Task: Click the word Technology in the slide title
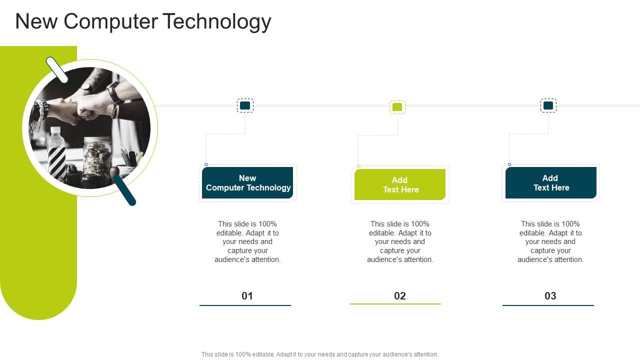pyautogui.click(x=217, y=22)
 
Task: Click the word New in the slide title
pyautogui.click(x=36, y=22)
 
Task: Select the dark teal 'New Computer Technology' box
pyautogui.click(x=247, y=183)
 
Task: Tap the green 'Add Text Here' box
pyautogui.click(x=400, y=185)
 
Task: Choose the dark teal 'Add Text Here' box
pyautogui.click(x=550, y=183)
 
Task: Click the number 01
pyautogui.click(x=247, y=296)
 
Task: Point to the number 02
pyautogui.click(x=399, y=296)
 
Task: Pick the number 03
pyautogui.click(x=550, y=296)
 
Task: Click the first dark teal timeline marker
pyautogui.click(x=245, y=105)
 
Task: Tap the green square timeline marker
pyautogui.click(x=397, y=107)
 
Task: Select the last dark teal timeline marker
pyautogui.click(x=548, y=105)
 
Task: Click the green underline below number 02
pyautogui.click(x=395, y=304)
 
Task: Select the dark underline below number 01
pyautogui.click(x=245, y=305)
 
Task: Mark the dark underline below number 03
pyautogui.click(x=548, y=305)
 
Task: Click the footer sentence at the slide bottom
pyautogui.click(x=319, y=354)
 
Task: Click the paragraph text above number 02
pyautogui.click(x=400, y=241)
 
